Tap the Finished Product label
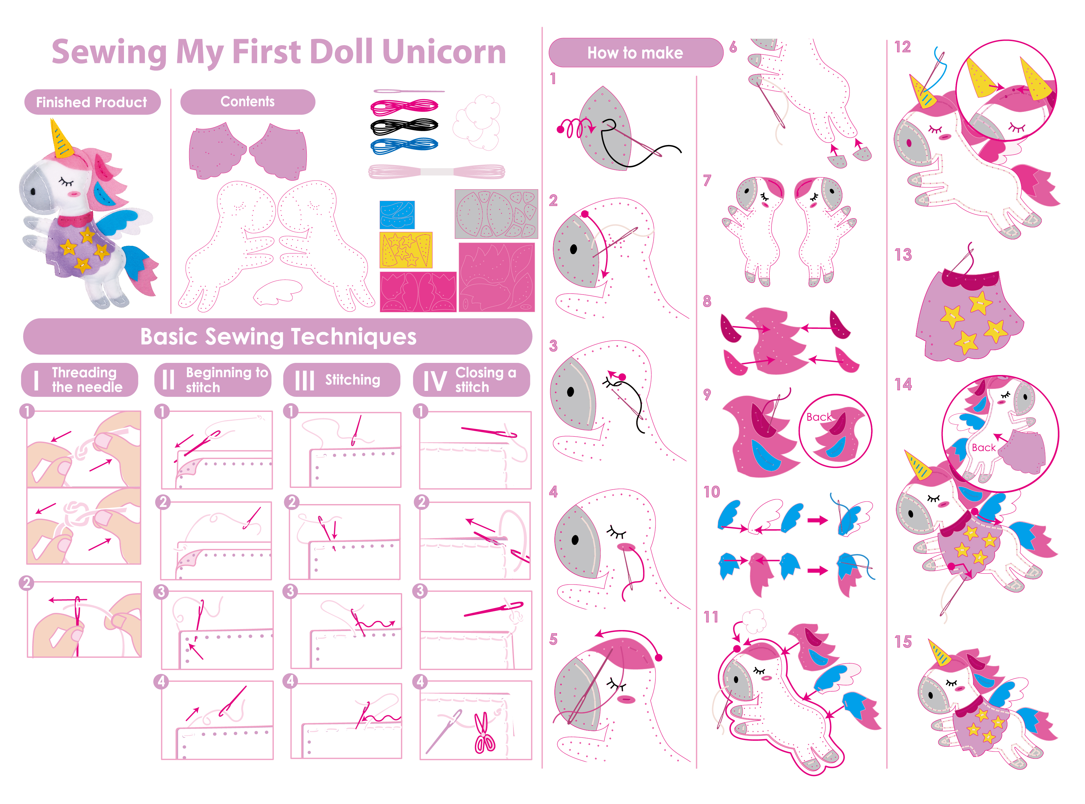pos(92,102)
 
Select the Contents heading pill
pos(248,102)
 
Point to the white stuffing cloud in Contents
pos(477,122)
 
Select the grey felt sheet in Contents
pos(496,214)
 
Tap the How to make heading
pos(635,52)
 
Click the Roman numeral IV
pos(434,381)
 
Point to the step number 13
pos(903,254)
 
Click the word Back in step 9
pos(819,417)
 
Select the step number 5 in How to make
pos(553,640)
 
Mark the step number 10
pos(711,492)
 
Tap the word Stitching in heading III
pos(353,380)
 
